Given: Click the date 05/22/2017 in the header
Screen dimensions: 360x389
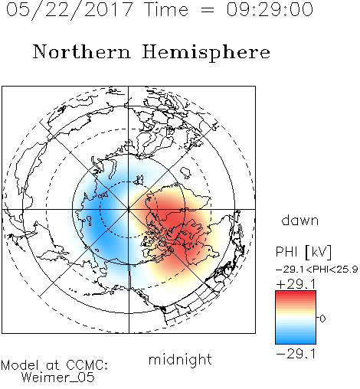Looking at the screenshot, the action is click(69, 10).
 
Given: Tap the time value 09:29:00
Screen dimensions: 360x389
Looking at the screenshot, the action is click(270, 9).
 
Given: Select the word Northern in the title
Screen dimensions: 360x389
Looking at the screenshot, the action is click(82, 52).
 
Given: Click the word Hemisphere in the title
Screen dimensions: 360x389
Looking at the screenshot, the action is click(206, 52).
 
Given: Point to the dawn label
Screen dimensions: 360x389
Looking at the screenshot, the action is click(300, 220).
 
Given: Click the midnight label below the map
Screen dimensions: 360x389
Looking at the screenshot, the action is click(180, 359).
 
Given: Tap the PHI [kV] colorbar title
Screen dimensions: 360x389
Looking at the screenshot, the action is click(303, 252).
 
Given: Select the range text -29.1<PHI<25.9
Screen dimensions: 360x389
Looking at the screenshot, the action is click(317, 270).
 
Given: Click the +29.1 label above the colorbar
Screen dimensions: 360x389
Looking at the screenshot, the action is click(296, 283).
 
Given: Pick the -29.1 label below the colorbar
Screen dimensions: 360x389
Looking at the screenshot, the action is click(296, 354).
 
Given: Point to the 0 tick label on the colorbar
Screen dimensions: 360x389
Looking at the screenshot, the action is click(322, 319).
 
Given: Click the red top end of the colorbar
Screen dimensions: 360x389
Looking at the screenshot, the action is click(296, 293).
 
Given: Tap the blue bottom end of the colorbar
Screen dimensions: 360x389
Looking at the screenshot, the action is click(296, 342).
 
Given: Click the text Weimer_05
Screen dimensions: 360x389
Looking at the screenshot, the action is click(57, 378).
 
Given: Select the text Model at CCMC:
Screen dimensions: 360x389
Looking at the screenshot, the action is click(54, 365).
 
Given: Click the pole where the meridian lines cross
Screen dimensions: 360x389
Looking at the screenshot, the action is click(129, 209).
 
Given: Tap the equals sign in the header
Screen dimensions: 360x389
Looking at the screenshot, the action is click(207, 10).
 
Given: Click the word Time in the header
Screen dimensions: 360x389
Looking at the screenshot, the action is click(166, 9).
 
